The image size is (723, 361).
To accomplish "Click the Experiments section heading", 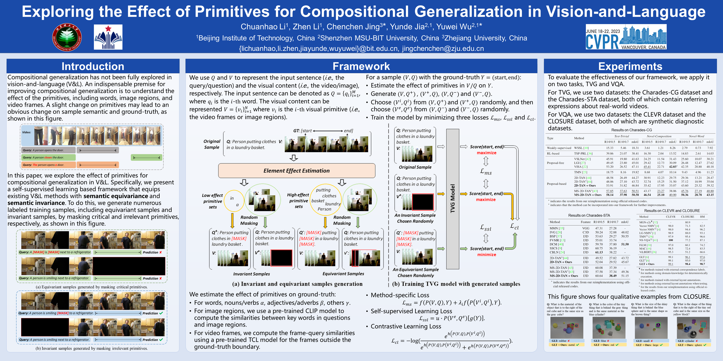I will click(630, 66).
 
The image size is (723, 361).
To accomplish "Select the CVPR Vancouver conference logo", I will click(626, 37).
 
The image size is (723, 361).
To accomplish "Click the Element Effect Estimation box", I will click(296, 171).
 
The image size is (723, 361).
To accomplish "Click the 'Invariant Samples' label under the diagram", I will click(251, 274).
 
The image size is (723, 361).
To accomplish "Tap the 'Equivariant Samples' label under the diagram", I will click(343, 274).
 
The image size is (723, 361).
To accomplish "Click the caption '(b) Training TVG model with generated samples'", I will click(456, 284).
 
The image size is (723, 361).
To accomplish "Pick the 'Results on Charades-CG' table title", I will click(631, 130).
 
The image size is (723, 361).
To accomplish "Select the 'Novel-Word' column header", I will click(696, 136).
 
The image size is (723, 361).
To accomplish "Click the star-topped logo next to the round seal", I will click(108, 37).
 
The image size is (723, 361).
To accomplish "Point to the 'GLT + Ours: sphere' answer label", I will click(692, 345).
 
